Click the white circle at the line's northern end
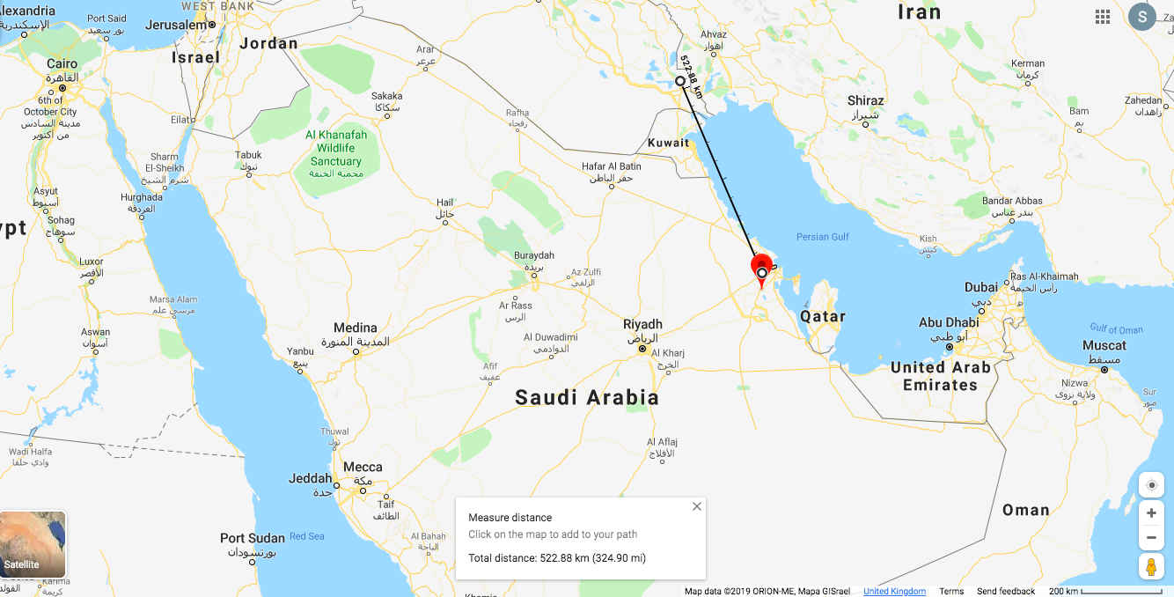pos(680,81)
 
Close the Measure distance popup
pos(697,506)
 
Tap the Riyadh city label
pos(642,324)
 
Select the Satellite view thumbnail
pos(33,544)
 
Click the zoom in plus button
pos(1151,513)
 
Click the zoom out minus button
pos(1151,537)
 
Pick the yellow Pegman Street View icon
pos(1151,567)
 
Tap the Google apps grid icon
pos(1102,17)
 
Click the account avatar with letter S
pos(1142,17)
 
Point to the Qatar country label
pos(823,316)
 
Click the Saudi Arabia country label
pos(587,397)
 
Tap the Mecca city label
pos(363,467)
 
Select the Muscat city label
pos(1104,345)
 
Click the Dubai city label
pos(981,286)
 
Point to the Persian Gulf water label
pos(823,237)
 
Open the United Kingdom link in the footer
pos(894,591)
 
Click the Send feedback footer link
pos(1006,591)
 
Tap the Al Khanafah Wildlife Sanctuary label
pos(336,148)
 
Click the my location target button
pos(1151,485)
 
